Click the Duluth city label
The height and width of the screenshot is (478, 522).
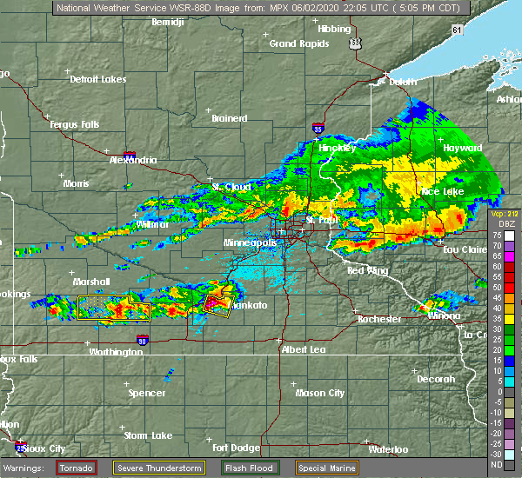pos(399,83)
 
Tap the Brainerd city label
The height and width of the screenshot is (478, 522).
pos(230,118)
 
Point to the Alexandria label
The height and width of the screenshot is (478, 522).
pos(132,160)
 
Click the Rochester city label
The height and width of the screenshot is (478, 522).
pos(379,319)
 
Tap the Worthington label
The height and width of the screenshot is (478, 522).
pos(114,352)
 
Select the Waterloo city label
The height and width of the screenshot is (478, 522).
pos(389,449)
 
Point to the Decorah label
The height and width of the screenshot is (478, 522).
pos(435,379)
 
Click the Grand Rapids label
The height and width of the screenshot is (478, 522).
pos(294,43)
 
